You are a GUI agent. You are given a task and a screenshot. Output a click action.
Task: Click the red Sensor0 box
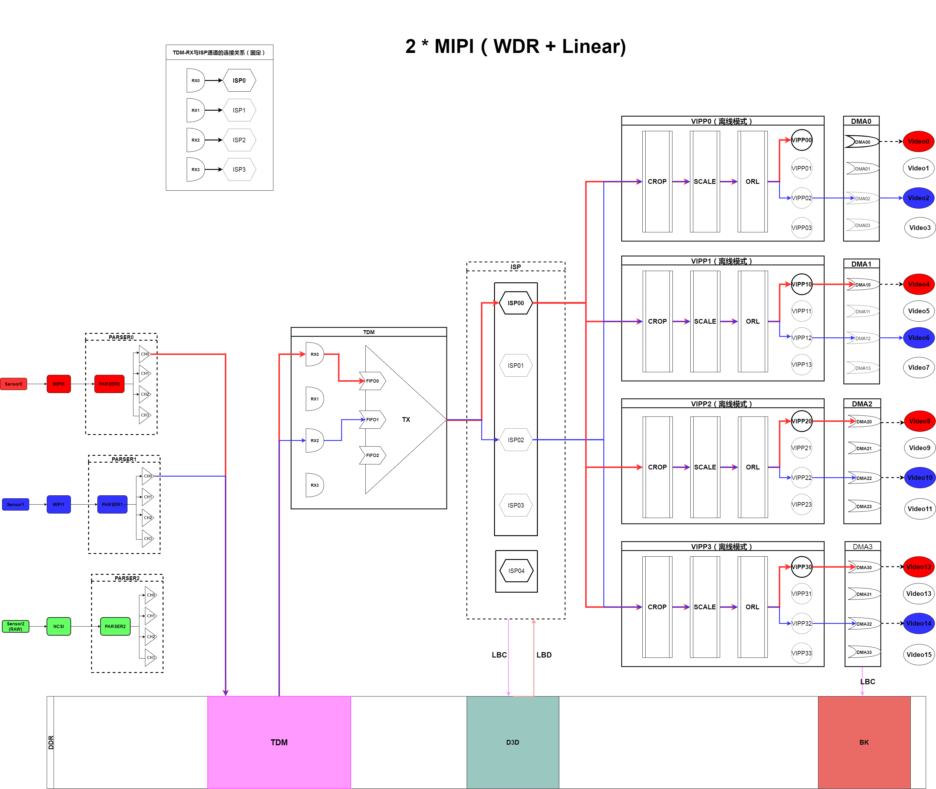click(13, 384)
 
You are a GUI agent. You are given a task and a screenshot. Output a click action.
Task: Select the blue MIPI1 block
click(59, 504)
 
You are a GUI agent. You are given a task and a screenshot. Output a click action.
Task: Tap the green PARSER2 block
click(115, 626)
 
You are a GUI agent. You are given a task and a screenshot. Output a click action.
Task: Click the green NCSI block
click(59, 626)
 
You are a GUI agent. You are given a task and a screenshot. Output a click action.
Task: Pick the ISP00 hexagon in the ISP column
click(516, 303)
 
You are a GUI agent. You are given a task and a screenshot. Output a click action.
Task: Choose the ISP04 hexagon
click(516, 571)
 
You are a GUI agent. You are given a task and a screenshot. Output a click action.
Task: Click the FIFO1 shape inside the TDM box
click(373, 419)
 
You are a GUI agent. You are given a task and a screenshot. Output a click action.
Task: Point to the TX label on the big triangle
click(406, 419)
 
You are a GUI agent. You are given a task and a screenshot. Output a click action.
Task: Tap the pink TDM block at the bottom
click(279, 742)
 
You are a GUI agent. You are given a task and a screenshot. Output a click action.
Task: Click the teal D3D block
click(513, 742)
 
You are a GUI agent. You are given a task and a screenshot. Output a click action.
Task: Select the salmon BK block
click(864, 742)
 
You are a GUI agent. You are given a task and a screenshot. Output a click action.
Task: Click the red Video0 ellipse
click(918, 141)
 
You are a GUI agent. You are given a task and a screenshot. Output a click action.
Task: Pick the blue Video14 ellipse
click(918, 623)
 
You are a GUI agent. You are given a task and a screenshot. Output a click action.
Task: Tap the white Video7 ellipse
click(918, 367)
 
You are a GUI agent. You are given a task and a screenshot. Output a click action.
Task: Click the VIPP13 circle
click(801, 364)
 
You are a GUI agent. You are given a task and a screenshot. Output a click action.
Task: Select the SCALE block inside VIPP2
click(705, 467)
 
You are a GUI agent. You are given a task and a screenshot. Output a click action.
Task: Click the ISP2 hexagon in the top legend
click(239, 140)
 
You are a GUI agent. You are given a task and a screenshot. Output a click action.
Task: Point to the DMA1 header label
click(861, 264)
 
